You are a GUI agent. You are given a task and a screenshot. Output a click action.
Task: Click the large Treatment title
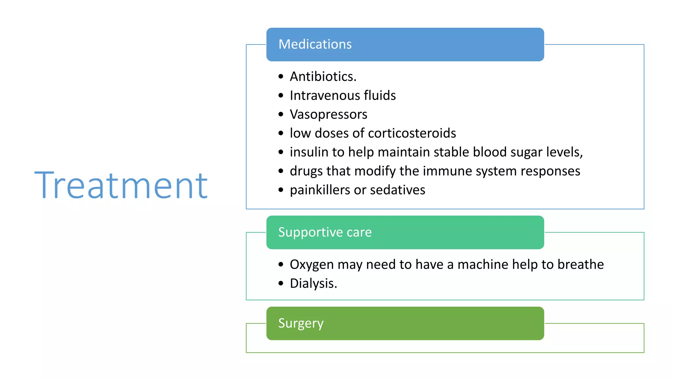[121, 186]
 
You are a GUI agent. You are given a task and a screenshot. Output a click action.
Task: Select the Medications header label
[315, 44]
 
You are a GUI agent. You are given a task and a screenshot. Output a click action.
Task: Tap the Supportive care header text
[325, 232]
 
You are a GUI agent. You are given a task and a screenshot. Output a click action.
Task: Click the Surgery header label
[301, 323]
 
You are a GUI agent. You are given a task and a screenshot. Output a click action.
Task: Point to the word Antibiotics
[323, 77]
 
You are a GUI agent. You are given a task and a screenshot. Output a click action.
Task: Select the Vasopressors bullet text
[328, 114]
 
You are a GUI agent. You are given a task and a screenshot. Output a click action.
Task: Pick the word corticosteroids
[412, 133]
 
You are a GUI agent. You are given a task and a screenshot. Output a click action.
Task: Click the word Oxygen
[312, 265]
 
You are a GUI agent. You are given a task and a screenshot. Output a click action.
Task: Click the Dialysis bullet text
[313, 284]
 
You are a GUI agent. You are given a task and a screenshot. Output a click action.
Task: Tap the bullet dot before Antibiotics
[281, 77]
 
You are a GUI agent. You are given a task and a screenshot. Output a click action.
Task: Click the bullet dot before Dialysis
[281, 283]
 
